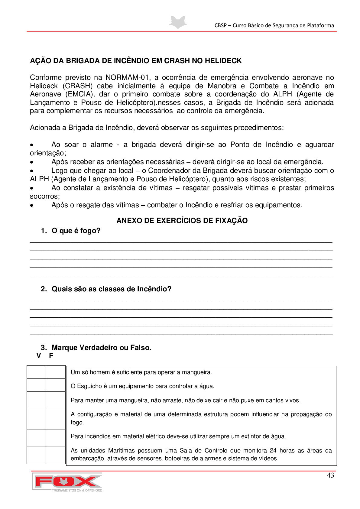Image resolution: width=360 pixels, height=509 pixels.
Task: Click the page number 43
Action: coord(330,475)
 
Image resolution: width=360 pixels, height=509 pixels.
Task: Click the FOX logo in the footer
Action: coord(67,482)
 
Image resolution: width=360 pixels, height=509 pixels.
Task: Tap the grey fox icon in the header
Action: coord(178,22)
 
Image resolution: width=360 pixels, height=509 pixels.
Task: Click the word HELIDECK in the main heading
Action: coord(223,61)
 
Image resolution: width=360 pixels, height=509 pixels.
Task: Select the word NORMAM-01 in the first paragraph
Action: coord(127,78)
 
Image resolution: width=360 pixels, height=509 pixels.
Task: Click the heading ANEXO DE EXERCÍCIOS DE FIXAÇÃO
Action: coord(182,221)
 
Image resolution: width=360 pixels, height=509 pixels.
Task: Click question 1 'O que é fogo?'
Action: coord(76,231)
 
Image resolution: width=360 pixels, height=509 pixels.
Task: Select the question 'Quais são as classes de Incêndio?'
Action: coord(111,289)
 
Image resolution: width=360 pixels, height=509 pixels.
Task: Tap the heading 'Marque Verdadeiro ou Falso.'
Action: coord(101,348)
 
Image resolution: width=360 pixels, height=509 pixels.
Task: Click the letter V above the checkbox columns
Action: coord(39,356)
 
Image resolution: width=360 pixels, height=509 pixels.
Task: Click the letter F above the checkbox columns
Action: coord(51,356)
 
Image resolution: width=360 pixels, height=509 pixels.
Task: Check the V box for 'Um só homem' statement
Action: coord(36,372)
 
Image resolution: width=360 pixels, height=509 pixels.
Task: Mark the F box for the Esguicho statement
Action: coord(56,385)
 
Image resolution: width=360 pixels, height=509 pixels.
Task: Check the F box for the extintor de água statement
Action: coord(56,438)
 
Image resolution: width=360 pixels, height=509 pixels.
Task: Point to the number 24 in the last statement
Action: coord(273,451)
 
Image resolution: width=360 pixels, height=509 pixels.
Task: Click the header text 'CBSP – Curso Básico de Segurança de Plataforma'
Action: coord(274,25)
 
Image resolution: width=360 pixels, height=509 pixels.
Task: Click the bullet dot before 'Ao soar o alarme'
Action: coord(32,145)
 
